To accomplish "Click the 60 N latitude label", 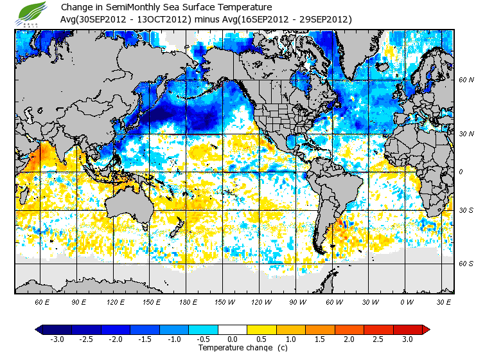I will [466, 80].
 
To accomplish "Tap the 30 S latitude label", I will [466, 211].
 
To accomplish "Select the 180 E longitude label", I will [188, 301].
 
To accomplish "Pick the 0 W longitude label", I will [407, 301].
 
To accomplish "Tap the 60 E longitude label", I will [42, 301].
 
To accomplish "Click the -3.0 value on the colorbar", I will [57, 339].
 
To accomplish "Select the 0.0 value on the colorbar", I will [233, 339].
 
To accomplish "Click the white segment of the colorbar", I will [233, 329].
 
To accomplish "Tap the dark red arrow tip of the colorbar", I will [425, 329].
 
